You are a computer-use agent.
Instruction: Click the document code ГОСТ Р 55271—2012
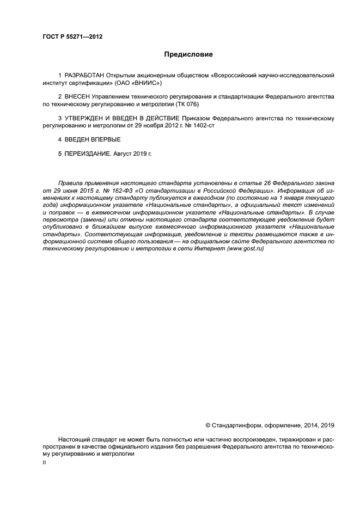click(x=72, y=36)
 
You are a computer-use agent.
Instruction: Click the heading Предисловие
click(x=188, y=54)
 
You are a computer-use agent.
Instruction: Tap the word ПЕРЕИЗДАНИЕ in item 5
click(x=88, y=154)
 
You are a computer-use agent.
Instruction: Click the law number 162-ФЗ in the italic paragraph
click(x=109, y=192)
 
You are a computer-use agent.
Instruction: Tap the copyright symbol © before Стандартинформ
click(x=208, y=425)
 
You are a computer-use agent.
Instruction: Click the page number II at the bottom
click(x=44, y=462)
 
